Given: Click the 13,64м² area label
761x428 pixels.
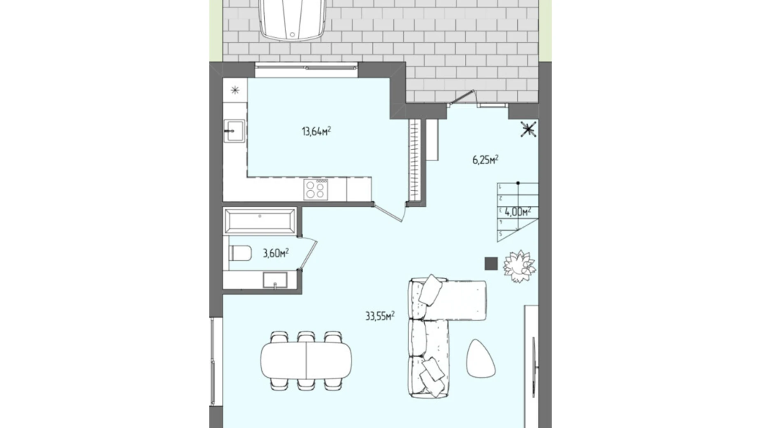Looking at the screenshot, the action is [316, 131].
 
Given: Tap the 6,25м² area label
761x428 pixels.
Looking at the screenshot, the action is [485, 159].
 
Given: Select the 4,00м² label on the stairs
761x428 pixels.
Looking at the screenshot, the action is [518, 212].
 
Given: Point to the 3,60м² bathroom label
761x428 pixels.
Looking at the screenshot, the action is [276, 253].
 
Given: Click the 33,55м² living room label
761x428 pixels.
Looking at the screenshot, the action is [380, 316].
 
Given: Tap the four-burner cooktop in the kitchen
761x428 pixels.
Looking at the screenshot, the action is [316, 189].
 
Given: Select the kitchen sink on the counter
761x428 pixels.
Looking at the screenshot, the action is [234, 130].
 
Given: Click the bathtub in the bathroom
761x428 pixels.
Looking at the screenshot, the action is [260, 221].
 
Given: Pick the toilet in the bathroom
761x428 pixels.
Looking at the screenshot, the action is [240, 253].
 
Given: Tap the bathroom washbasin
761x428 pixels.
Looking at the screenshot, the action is [275, 280].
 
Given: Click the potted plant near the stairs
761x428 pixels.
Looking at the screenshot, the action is [519, 266].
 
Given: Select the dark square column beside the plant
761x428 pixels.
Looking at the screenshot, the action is [491, 263].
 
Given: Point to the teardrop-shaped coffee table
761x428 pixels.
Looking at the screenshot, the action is [481, 358].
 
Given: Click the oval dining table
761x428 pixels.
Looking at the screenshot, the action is [306, 361].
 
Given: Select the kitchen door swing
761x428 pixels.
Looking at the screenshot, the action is [390, 212].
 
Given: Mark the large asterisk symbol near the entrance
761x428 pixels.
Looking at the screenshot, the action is [528, 129].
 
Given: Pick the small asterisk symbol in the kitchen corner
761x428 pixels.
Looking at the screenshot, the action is [235, 90].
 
